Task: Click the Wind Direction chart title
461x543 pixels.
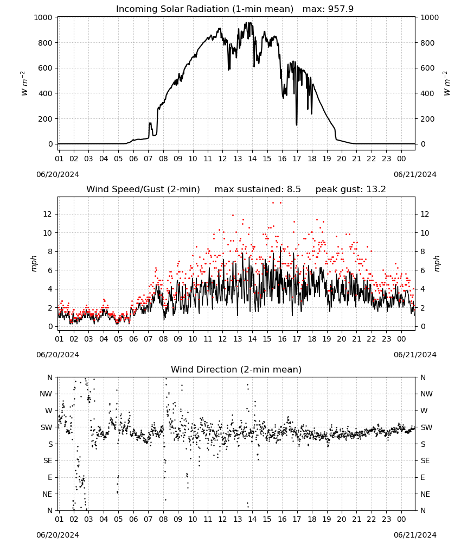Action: tap(236, 369)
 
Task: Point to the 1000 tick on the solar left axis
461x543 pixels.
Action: tap(43, 17)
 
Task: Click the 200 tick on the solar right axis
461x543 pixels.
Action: tap(427, 119)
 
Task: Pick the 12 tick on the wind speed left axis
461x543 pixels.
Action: tap(48, 214)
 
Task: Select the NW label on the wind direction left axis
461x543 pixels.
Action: tap(46, 394)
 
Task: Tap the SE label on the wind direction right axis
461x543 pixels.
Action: tap(425, 460)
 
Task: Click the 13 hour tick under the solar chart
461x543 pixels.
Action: tap(238, 159)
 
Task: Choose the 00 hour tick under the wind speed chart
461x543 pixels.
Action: tap(401, 339)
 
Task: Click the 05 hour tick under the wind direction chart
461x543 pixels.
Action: tap(118, 519)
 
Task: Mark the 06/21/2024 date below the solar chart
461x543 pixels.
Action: tap(415, 174)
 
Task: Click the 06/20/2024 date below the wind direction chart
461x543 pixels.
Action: tap(57, 535)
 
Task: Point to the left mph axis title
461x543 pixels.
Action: tap(34, 263)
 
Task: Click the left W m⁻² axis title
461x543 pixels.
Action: tap(24, 84)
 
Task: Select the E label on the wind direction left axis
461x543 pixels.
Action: tap(50, 477)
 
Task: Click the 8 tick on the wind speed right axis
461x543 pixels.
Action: tap(422, 252)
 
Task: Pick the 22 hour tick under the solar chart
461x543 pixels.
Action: tap(371, 159)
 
